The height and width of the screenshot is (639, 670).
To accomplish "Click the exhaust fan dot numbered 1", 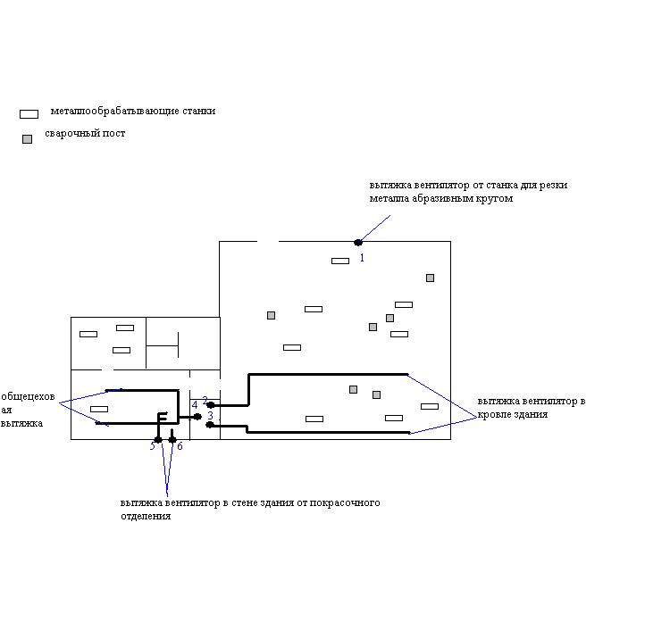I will [358, 242].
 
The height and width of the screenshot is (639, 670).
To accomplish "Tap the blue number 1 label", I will [362, 258].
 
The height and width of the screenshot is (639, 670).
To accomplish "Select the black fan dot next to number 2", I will [211, 405].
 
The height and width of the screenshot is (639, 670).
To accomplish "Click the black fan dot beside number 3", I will [210, 425].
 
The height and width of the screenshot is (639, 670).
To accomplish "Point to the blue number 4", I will [195, 405].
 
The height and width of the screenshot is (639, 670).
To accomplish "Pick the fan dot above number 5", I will [158, 439].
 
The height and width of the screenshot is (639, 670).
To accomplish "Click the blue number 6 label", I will [180, 446].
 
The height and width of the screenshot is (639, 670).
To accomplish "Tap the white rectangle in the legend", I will [29, 114].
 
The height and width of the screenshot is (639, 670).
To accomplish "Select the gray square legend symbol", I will [28, 139].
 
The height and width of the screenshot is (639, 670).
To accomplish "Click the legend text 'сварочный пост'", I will [85, 134].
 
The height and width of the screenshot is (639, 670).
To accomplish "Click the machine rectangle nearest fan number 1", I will [340, 261].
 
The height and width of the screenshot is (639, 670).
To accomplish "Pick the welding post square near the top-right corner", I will [430, 278].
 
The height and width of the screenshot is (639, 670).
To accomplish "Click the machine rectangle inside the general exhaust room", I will [99, 409].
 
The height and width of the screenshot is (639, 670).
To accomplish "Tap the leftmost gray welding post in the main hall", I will [271, 315].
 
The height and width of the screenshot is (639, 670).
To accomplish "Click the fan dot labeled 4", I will [197, 416].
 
